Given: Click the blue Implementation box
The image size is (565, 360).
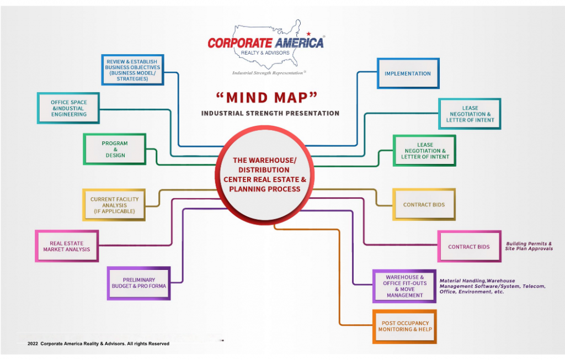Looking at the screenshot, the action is (x=408, y=73).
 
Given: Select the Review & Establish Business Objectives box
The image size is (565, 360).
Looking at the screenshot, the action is (x=132, y=70).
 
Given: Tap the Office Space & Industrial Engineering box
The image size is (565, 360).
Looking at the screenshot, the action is (x=68, y=108).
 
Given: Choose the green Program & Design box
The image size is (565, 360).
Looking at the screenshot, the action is (x=115, y=149).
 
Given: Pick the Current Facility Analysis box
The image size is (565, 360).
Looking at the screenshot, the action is (x=114, y=205).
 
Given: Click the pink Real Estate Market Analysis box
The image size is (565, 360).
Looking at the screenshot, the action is (x=67, y=246).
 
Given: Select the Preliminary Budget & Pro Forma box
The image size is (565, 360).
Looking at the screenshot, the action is (x=138, y=283).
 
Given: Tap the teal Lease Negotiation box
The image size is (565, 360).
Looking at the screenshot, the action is (x=470, y=114).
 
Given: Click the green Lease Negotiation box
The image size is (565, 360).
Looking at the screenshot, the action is (x=424, y=151).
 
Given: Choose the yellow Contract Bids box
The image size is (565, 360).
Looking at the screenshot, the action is (x=424, y=204).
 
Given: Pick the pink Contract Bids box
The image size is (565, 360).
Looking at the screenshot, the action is (x=469, y=246).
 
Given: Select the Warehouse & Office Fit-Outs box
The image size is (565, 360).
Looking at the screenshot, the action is (x=404, y=286).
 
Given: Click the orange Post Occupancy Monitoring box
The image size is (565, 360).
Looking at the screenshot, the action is (x=404, y=326).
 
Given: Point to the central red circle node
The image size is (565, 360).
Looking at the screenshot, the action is (x=264, y=175).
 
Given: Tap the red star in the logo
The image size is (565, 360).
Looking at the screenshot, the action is (x=308, y=34).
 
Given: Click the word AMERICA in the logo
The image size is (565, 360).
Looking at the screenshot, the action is (x=299, y=43).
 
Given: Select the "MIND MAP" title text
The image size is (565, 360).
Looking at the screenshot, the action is (x=267, y=97).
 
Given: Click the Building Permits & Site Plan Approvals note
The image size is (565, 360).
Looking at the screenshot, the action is (x=529, y=246).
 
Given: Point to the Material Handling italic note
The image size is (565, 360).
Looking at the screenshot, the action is (x=492, y=286).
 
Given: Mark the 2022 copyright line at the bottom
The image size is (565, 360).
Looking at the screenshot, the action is (x=98, y=343).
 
